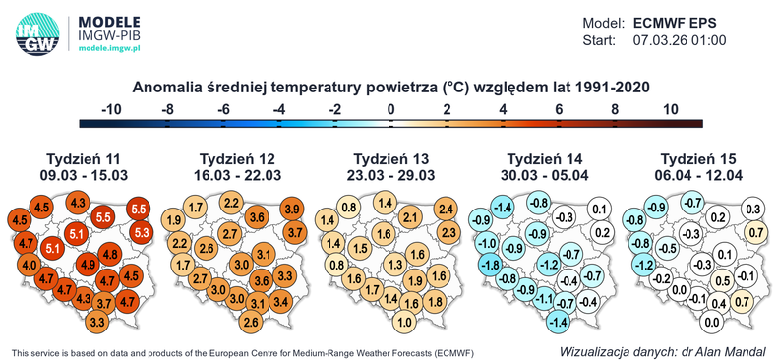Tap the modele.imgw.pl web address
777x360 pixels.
pos(109,46)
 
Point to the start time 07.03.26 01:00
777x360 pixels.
pos(679,40)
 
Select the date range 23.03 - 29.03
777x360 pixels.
pos(390,176)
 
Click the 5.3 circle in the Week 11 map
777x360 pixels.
pos(140,233)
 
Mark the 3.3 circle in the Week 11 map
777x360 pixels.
pos(97,322)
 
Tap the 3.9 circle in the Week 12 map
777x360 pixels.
pos(292,210)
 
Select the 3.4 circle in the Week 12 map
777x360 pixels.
pos(278,300)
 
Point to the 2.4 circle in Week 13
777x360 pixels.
pos(446,210)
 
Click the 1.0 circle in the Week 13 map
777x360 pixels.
pos(403,322)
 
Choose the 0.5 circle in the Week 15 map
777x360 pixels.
pos(720,281)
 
